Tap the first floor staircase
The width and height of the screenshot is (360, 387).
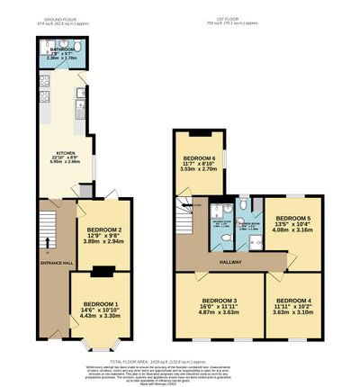pos(188,218)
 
